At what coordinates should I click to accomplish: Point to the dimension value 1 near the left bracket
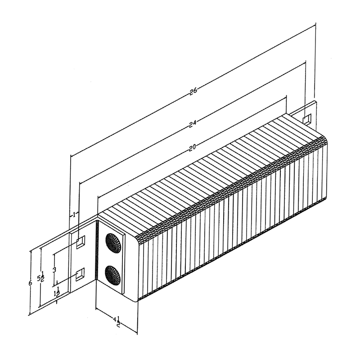[x=74, y=215]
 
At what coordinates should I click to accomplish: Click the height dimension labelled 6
[x=30, y=283]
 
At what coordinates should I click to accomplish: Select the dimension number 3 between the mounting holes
[x=54, y=270]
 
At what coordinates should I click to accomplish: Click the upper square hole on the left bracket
[x=80, y=243]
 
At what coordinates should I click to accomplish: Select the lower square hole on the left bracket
[x=80, y=274]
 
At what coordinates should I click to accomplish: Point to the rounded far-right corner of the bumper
[x=323, y=139]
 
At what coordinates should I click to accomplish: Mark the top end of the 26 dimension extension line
[x=315, y=26]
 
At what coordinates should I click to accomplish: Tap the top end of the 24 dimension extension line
[x=306, y=61]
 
